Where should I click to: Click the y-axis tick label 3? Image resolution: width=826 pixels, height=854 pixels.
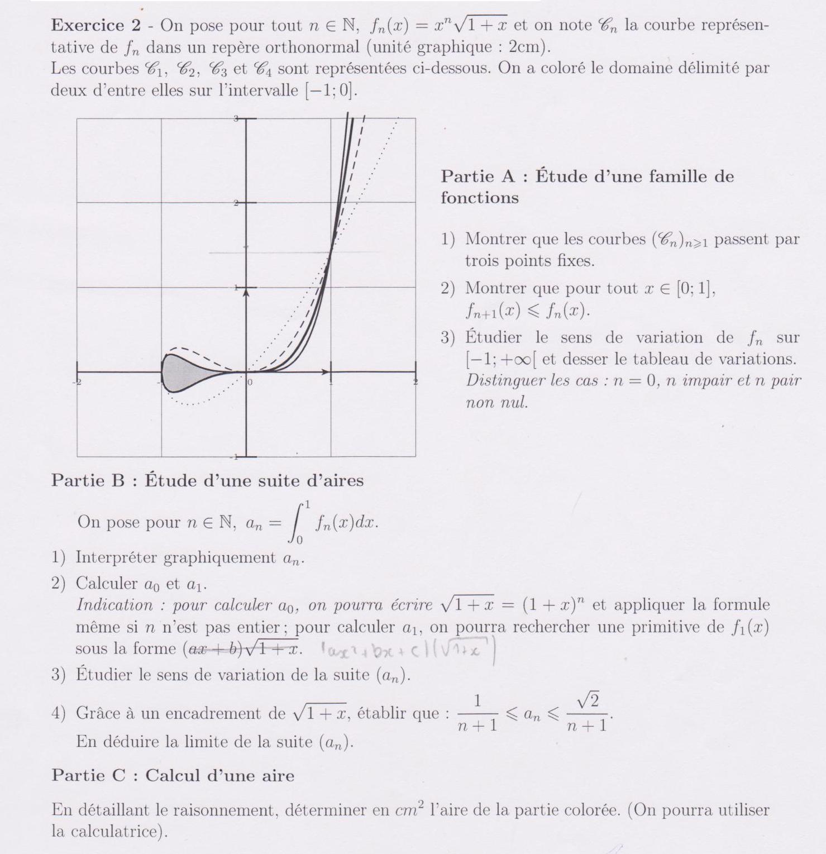tap(236, 118)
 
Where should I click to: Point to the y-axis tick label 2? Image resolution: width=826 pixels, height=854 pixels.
tap(236, 203)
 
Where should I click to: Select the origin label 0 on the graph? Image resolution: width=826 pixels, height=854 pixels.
tap(250, 382)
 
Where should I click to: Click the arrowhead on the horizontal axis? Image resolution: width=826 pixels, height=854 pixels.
tap(325, 371)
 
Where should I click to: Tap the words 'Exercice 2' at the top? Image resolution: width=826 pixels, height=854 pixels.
tap(88, 25)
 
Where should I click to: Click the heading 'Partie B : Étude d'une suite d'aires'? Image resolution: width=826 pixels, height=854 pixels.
tap(207, 480)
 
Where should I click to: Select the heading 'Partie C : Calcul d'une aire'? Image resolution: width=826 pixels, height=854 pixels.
tap(173, 775)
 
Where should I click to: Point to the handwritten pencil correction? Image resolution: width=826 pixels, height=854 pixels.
tap(408, 650)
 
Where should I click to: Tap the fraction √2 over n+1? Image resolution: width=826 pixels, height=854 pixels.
tap(587, 713)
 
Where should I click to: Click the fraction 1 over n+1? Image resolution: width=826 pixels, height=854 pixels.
tap(478, 713)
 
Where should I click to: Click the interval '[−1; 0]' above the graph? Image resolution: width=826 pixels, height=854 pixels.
tap(330, 90)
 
